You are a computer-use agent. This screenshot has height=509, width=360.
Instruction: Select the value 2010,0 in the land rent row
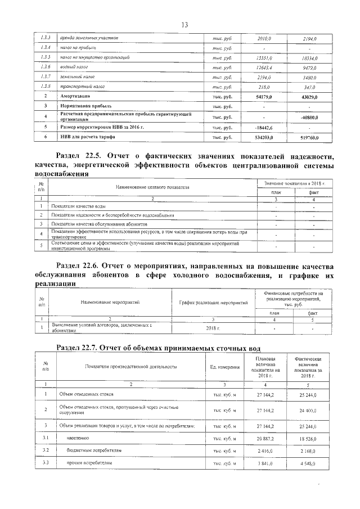coord(263,38)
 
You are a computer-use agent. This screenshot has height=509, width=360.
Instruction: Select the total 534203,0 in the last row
coord(263,137)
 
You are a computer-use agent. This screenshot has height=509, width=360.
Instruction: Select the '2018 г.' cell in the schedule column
coord(214,327)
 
